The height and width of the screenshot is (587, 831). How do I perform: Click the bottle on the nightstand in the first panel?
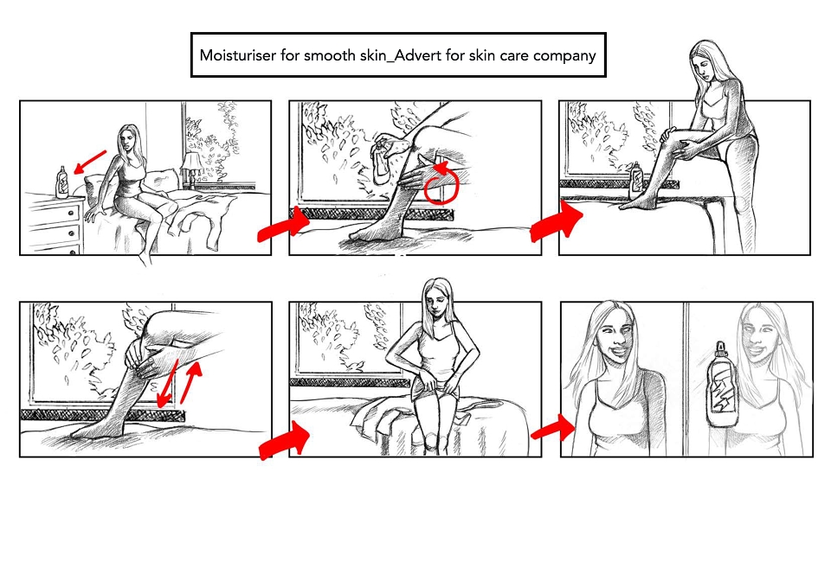click(x=62, y=182)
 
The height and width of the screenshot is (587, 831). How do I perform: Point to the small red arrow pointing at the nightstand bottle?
click(x=90, y=162)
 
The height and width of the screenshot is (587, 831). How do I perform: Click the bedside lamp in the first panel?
click(x=190, y=168)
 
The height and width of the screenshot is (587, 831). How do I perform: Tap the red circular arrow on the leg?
click(x=441, y=183)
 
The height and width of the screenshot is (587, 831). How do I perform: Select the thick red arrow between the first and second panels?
click(x=284, y=225)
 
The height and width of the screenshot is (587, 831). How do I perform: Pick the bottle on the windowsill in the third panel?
click(x=636, y=181)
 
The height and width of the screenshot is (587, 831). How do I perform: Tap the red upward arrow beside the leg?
click(x=191, y=381)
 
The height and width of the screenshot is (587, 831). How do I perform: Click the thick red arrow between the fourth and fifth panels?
click(x=285, y=442)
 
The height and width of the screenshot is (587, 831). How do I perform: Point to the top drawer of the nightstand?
click(x=54, y=212)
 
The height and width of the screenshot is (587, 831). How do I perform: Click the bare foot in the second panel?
click(x=371, y=233)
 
